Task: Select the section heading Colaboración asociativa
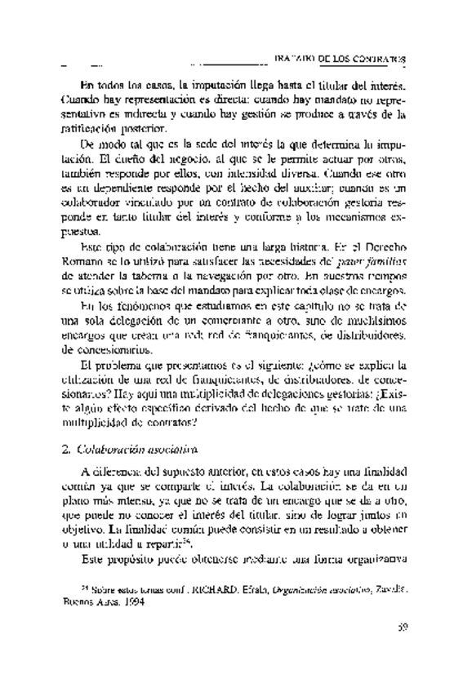(130, 447)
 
